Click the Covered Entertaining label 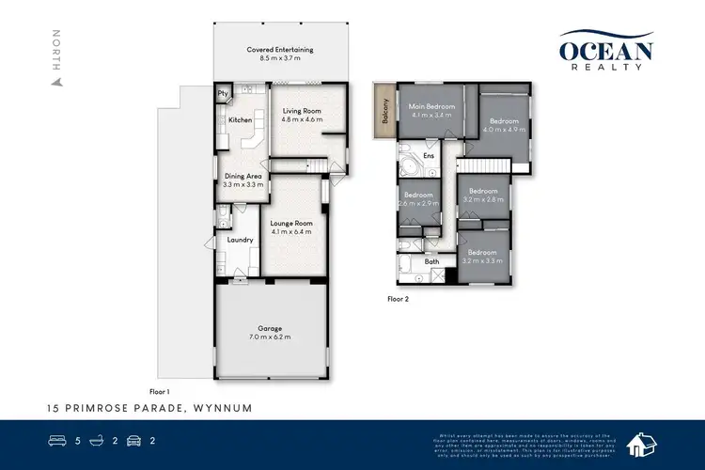[x=279, y=49]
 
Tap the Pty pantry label [x=223, y=94]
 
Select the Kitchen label [x=239, y=120]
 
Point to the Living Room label [x=303, y=112]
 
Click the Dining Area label [x=243, y=176]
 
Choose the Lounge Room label [x=290, y=222]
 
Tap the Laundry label [x=241, y=240]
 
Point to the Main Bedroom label [x=431, y=107]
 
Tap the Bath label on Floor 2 [x=431, y=261]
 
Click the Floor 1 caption [x=159, y=390]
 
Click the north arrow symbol [x=57, y=81]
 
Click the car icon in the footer [x=135, y=439]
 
